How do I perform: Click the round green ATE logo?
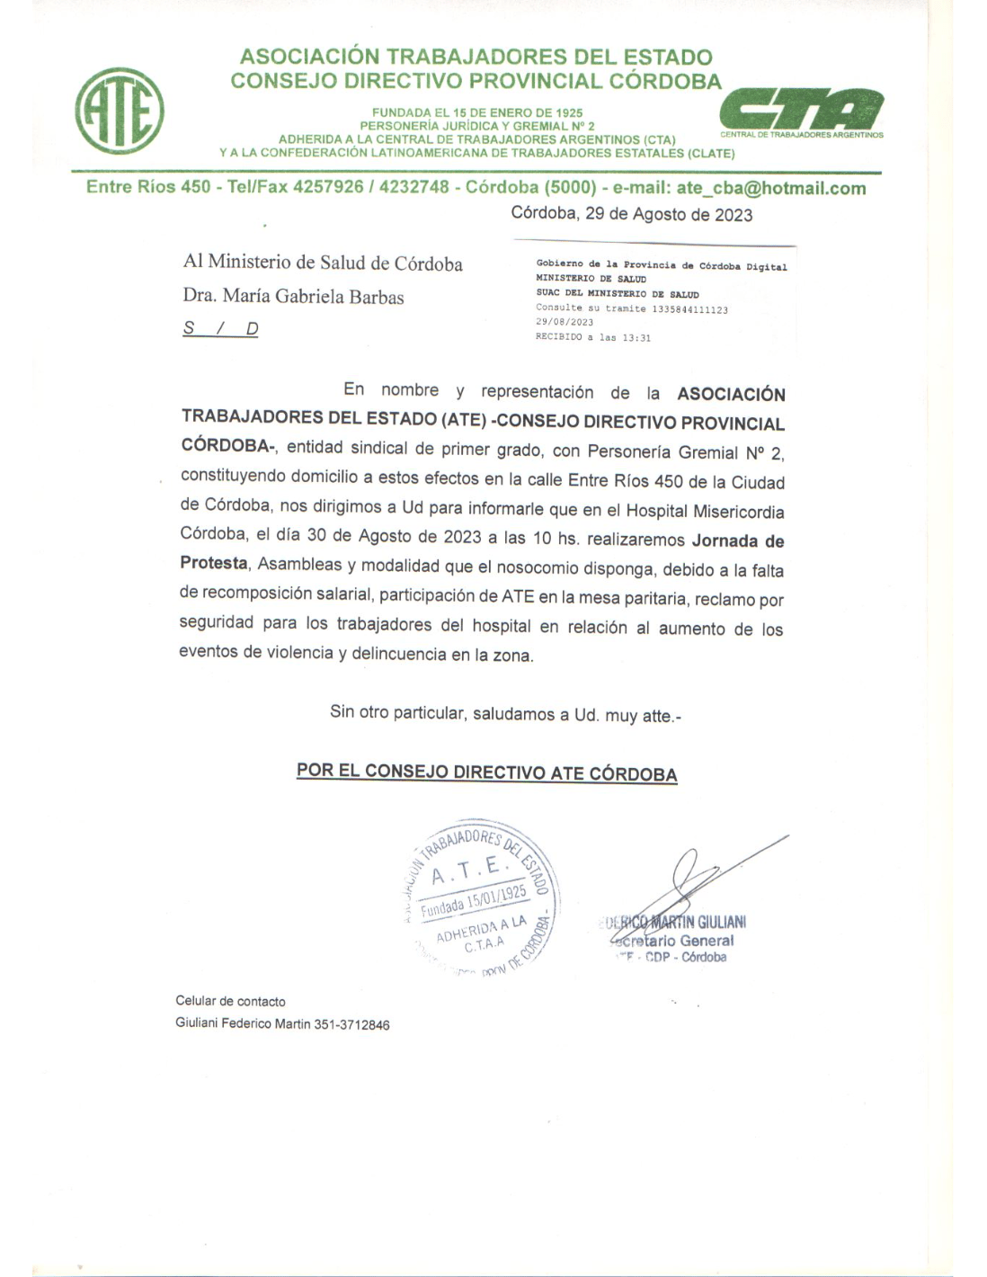coord(119,111)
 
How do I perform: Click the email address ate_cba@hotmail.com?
coord(770,189)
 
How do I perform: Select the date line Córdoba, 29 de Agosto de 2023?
coord(631,215)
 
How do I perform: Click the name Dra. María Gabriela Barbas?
coord(293,297)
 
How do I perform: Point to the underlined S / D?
coord(220,328)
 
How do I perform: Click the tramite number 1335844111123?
coord(689,309)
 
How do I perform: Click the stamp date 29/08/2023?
coord(565,322)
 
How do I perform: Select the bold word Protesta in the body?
coord(214,564)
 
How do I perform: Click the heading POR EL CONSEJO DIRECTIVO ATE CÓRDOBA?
coord(486,772)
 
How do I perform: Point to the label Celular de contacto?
coord(230,1001)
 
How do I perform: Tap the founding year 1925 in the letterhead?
coord(568,113)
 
